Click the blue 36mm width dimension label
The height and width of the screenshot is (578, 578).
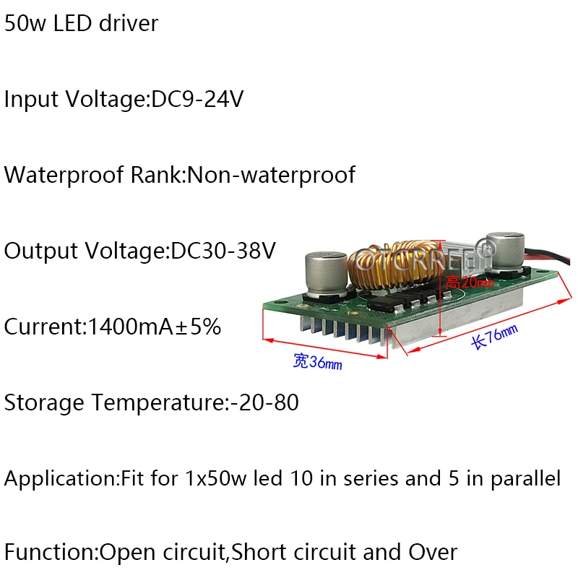318,363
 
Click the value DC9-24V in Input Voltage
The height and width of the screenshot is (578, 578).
197,99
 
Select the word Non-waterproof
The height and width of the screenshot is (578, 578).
271,175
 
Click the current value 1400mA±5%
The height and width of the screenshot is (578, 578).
153,327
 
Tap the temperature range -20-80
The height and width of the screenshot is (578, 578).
264,402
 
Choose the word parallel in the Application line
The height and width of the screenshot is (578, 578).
526,478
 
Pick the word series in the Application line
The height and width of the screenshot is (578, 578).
373,478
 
